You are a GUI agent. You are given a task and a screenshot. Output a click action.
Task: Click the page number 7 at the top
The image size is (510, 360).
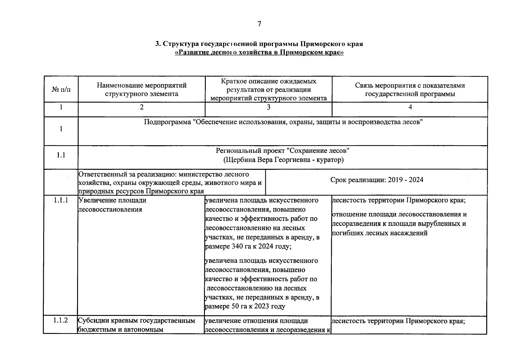[x=259, y=24]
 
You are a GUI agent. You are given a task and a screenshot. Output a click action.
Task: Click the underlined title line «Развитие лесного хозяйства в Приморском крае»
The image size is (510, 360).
[x=259, y=53]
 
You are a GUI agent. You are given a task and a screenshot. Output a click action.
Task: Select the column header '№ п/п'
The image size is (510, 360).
[x=61, y=90]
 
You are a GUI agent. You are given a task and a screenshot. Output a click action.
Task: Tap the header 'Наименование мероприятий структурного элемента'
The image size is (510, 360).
[x=142, y=89]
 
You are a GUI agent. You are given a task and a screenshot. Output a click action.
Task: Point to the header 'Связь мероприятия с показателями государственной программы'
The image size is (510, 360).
[x=410, y=89]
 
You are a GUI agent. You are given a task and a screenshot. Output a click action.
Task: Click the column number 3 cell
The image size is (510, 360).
[x=268, y=107]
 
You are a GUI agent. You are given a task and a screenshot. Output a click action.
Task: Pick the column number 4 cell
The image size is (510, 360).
[x=410, y=107]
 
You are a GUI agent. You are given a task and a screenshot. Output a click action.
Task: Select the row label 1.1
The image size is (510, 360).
[x=61, y=155]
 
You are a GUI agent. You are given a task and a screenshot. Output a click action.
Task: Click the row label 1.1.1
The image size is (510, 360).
[x=61, y=200]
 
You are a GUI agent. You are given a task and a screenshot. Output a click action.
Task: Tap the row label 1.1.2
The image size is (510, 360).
[x=61, y=320]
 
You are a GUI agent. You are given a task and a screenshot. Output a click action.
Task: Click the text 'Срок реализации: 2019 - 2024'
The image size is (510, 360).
[x=377, y=180]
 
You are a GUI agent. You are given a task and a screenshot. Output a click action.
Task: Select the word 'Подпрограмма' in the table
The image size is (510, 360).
[x=167, y=122]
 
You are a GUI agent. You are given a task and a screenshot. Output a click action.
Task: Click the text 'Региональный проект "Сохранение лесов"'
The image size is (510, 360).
[x=283, y=151]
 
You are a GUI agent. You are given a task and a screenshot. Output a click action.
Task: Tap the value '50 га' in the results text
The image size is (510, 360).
[x=239, y=307]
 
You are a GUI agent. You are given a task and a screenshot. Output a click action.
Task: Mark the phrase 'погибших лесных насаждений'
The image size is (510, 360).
[x=379, y=233]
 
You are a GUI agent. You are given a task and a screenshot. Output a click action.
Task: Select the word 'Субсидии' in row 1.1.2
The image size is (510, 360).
[x=92, y=321]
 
